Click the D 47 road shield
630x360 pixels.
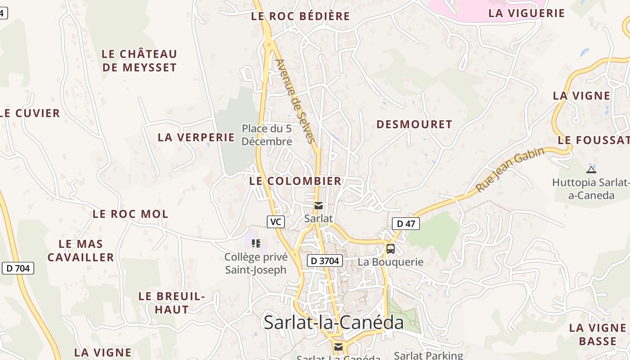point(406,224)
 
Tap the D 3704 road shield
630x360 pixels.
point(325,261)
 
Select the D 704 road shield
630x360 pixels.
point(18,269)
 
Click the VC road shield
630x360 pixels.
point(276,222)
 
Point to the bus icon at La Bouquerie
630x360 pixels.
point(391,249)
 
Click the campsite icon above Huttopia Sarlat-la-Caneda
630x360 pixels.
point(591,170)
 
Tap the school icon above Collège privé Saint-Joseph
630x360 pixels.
point(256,243)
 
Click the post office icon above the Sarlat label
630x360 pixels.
point(319,206)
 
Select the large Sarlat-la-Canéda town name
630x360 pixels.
point(333,323)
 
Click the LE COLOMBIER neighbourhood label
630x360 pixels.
point(295,181)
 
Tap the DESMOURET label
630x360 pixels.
point(414,125)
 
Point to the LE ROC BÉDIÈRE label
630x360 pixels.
point(300,17)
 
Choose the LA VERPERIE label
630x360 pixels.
point(196,138)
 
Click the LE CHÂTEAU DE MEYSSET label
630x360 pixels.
point(139,61)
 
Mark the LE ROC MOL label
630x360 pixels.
point(130,214)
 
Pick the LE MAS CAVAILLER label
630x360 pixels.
point(81,251)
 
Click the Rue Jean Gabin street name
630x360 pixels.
point(510,170)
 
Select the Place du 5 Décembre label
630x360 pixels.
point(267,135)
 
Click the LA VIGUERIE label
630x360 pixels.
point(526,13)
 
